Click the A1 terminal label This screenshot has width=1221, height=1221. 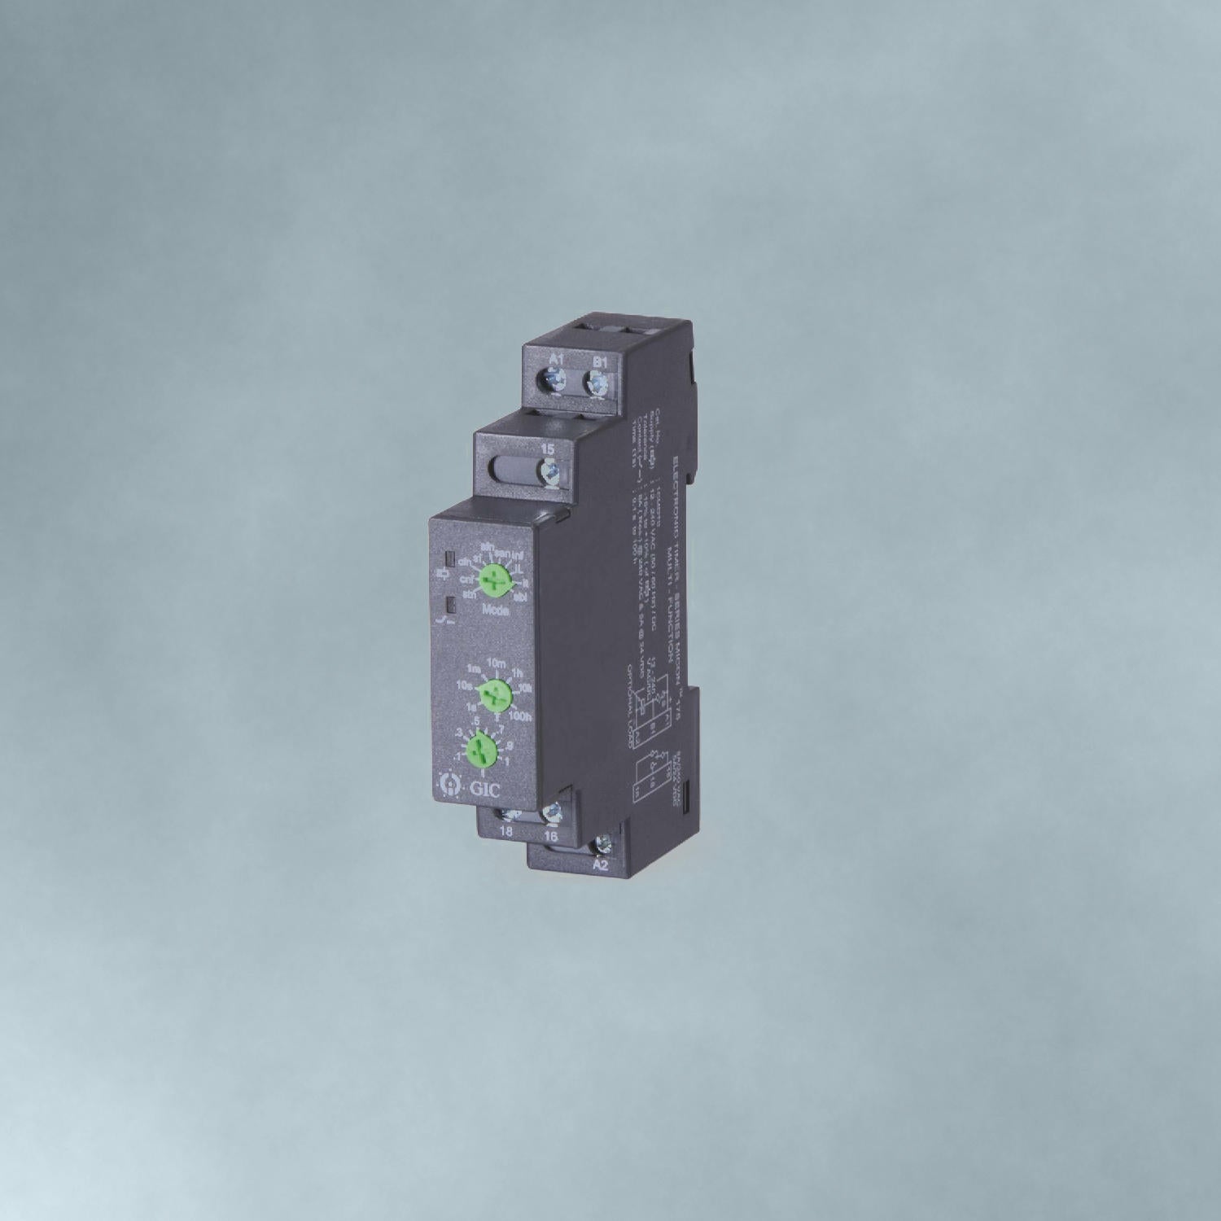tap(558, 361)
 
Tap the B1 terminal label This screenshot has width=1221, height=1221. tap(600, 361)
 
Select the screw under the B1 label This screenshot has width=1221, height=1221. tap(598, 382)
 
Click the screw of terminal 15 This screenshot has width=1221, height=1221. tap(550, 470)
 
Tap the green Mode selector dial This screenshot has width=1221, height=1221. tap(493, 580)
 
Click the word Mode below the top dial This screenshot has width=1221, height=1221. tap(496, 610)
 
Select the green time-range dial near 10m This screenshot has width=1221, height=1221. tap(492, 695)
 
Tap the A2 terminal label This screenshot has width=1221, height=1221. tap(600, 865)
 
